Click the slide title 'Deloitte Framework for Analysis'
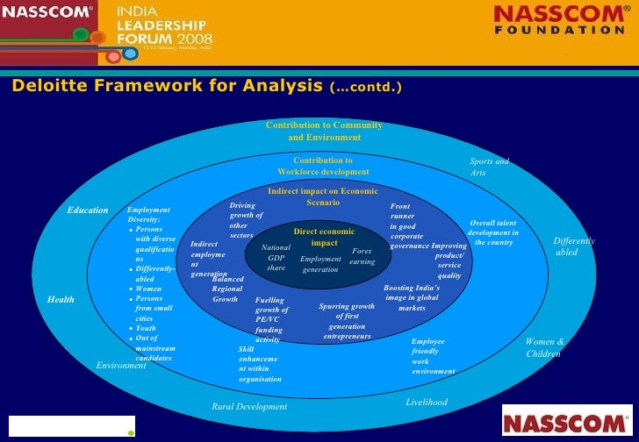click(167, 86)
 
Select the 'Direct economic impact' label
click(324, 237)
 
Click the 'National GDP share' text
click(276, 257)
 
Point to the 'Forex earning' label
click(362, 256)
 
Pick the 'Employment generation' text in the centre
click(320, 264)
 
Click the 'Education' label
click(88, 210)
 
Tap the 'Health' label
click(61, 300)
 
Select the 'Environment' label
click(121, 365)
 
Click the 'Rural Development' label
click(249, 407)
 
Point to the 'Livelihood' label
click(427, 402)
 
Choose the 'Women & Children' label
click(544, 347)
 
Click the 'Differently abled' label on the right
click(573, 246)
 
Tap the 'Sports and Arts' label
click(488, 167)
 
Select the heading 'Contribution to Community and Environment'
click(324, 132)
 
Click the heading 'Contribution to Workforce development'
click(323, 167)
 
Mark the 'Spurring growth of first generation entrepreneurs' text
click(347, 321)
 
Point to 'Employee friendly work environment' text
click(433, 356)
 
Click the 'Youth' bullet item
click(145, 328)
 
